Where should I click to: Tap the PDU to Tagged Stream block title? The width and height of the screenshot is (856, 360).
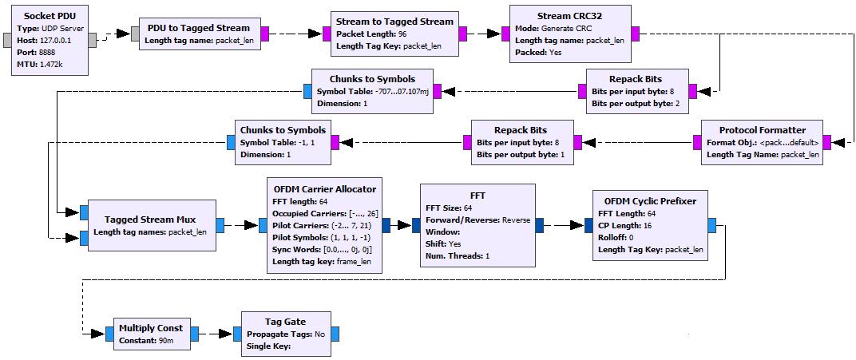[199, 27]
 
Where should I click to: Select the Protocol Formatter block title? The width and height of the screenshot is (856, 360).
[762, 130]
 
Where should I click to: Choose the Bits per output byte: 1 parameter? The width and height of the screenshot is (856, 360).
[521, 155]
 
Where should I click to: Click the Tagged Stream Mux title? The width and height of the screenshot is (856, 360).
[149, 220]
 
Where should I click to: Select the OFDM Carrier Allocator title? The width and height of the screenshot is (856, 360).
[324, 188]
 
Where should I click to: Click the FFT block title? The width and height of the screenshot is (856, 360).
[478, 195]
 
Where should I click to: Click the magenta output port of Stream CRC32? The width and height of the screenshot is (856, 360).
[636, 34]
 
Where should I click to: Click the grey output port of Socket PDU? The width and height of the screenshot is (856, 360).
[93, 41]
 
